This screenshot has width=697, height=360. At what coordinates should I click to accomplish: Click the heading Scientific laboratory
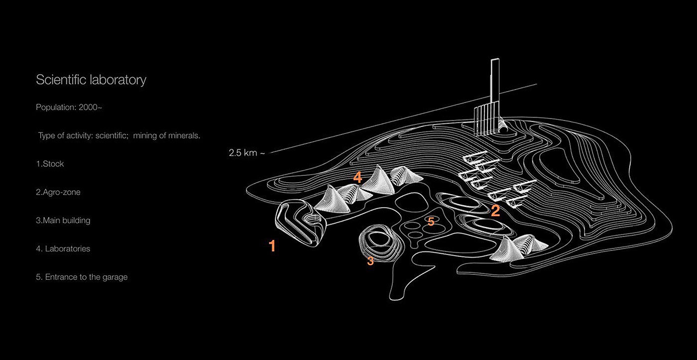point(91,80)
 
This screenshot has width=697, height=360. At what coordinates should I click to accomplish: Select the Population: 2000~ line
point(69,107)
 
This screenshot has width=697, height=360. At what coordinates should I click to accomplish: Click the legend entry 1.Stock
point(50,164)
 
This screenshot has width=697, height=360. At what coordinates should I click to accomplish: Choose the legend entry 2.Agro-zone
point(58,192)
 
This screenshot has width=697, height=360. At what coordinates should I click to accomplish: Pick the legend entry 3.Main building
point(63,220)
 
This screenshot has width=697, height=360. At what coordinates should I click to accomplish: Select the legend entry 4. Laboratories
point(63,248)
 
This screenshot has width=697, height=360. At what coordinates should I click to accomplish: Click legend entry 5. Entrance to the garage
point(82,277)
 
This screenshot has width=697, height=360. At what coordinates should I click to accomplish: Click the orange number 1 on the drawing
point(272,245)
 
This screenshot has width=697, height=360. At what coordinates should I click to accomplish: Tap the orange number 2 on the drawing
point(495,211)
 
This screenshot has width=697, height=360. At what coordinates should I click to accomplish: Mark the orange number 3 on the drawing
point(370,260)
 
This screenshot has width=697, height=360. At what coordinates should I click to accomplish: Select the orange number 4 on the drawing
point(357,177)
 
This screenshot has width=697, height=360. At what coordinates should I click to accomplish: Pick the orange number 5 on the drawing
point(431,222)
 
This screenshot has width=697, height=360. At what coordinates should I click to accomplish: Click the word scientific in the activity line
point(112,135)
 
